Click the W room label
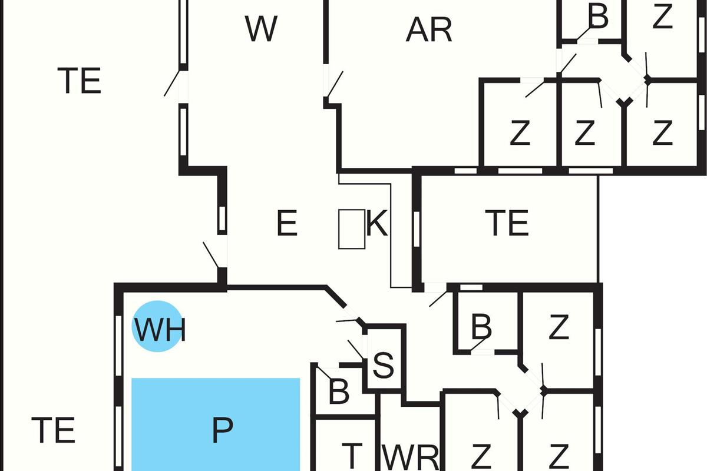pos(262,29)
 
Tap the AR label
pos(429,29)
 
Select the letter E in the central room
pos(287,224)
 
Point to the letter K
pos(377,224)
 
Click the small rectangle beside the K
pos(351,228)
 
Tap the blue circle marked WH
pos(156,327)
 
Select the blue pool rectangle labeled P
pos(216,424)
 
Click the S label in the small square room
pos(384,366)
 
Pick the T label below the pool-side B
pos(351,454)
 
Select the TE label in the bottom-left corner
pos(53,430)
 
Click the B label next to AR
pos(598,18)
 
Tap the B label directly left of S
pos(339,392)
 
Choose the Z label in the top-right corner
pos(663,18)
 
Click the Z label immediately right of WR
pos(481,455)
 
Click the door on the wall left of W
pos(173,84)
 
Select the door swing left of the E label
pos(212,254)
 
